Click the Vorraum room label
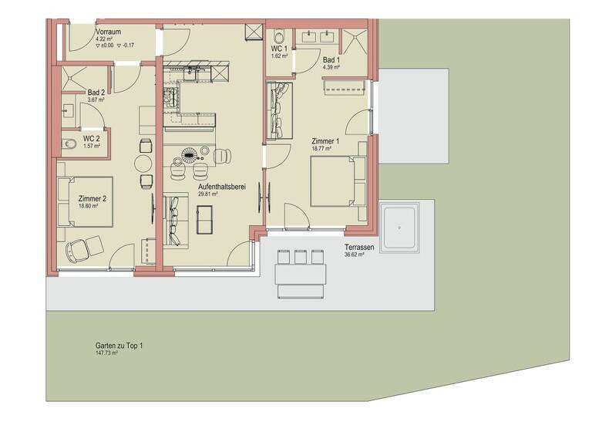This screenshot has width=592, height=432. click(x=107, y=31)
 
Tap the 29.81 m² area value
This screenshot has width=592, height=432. click(x=208, y=195)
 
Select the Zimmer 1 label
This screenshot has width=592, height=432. click(x=325, y=142)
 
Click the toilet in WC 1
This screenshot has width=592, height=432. click(x=278, y=36)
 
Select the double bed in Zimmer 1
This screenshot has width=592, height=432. click(x=338, y=181)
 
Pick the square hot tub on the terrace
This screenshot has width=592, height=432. click(x=399, y=227)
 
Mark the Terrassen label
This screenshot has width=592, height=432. click(x=359, y=247)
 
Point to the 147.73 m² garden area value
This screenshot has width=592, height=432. click(x=106, y=353)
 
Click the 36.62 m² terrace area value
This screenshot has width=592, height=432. click(x=354, y=255)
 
